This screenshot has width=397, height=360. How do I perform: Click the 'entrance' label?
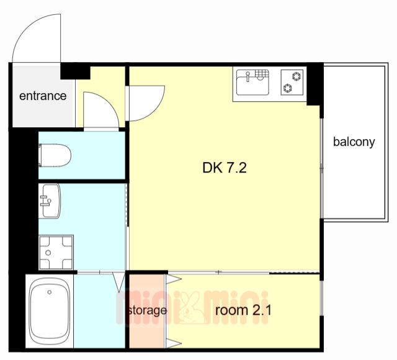(43, 96)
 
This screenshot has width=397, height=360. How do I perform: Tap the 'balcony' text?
(354, 142)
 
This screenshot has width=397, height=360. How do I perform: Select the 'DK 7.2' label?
(225, 168)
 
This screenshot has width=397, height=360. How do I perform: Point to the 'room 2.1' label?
(243, 310)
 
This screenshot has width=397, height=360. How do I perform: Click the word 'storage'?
(148, 310)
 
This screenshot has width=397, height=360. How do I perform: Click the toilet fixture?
(55, 155)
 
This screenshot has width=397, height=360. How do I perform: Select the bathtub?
(50, 310)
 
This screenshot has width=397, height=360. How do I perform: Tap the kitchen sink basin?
(252, 83)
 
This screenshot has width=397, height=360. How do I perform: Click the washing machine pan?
(56, 253)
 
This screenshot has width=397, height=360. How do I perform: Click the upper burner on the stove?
(297, 76)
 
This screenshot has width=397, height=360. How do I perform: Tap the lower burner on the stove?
(288, 88)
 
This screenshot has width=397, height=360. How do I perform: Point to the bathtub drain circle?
(50, 292)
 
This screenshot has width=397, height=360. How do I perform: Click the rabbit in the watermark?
(191, 308)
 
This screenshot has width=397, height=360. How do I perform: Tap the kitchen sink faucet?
(248, 76)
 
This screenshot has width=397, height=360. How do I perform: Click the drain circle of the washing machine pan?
(48, 253)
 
